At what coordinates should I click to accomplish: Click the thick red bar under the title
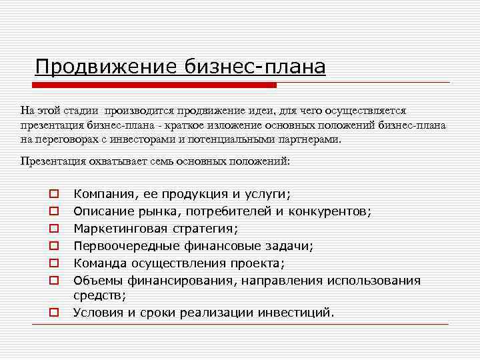click(155, 85)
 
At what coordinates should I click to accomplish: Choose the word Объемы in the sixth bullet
click(95, 280)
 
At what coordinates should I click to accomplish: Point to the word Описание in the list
click(101, 211)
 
